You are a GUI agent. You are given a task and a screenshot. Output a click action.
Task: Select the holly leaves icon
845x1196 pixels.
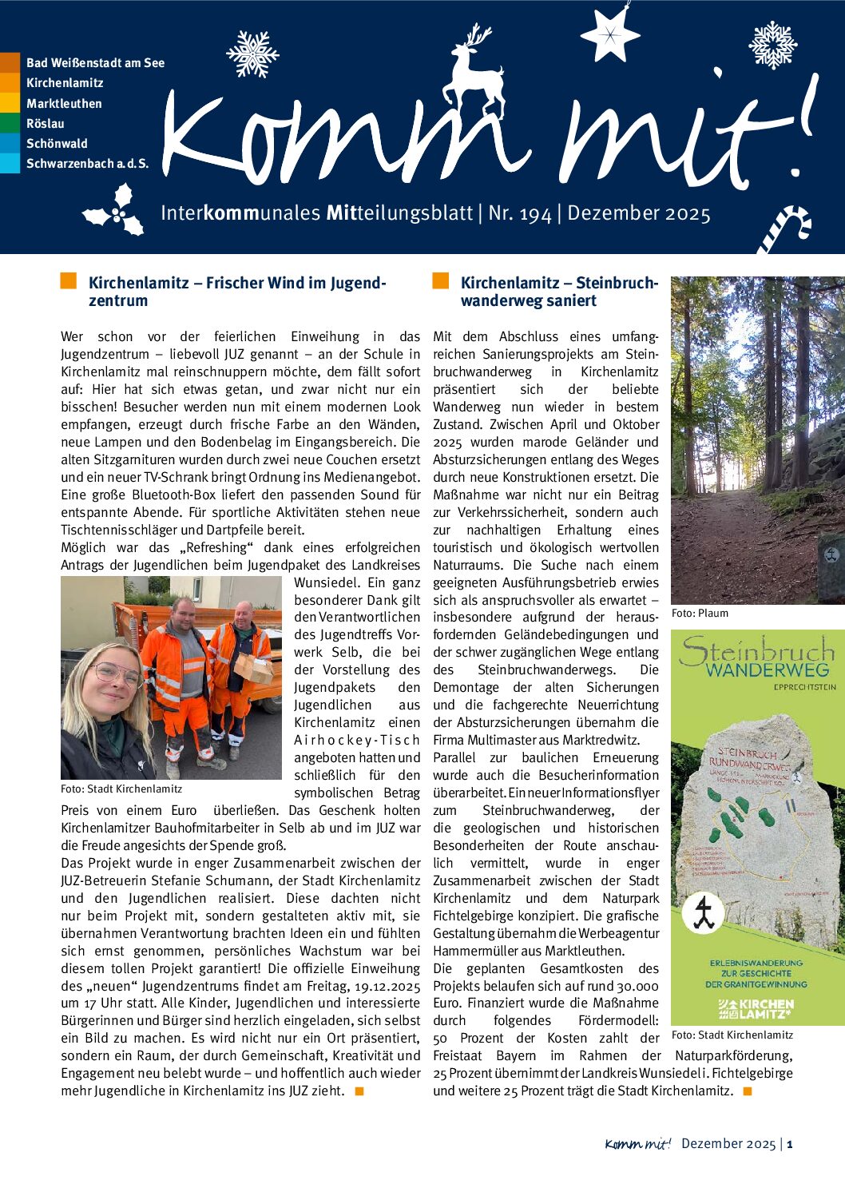116,211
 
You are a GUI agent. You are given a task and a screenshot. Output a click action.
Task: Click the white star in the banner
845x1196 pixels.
609,34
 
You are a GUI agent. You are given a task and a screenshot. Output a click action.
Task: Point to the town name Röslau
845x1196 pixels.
46,124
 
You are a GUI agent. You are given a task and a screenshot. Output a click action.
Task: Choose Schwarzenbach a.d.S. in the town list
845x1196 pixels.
87,164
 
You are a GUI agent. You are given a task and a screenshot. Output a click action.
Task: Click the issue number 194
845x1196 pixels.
530,214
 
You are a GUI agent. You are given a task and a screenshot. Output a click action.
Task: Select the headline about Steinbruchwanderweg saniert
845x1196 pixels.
559,292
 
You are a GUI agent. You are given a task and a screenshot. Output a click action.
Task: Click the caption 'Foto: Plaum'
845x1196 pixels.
700,614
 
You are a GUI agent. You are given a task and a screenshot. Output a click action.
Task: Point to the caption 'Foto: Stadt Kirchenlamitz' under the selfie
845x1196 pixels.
121,789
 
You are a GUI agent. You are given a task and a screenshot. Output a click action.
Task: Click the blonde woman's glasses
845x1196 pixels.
118,675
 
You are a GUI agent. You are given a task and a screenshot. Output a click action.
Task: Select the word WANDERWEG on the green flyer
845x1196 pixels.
767,670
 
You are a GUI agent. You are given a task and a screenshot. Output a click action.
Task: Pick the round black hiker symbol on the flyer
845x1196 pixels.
704,913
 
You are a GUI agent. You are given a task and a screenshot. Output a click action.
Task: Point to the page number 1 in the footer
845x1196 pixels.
790,1144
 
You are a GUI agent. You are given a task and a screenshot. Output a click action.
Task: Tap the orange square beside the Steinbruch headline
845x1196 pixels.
441,281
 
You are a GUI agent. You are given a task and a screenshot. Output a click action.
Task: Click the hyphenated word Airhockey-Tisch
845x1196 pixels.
356,740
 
